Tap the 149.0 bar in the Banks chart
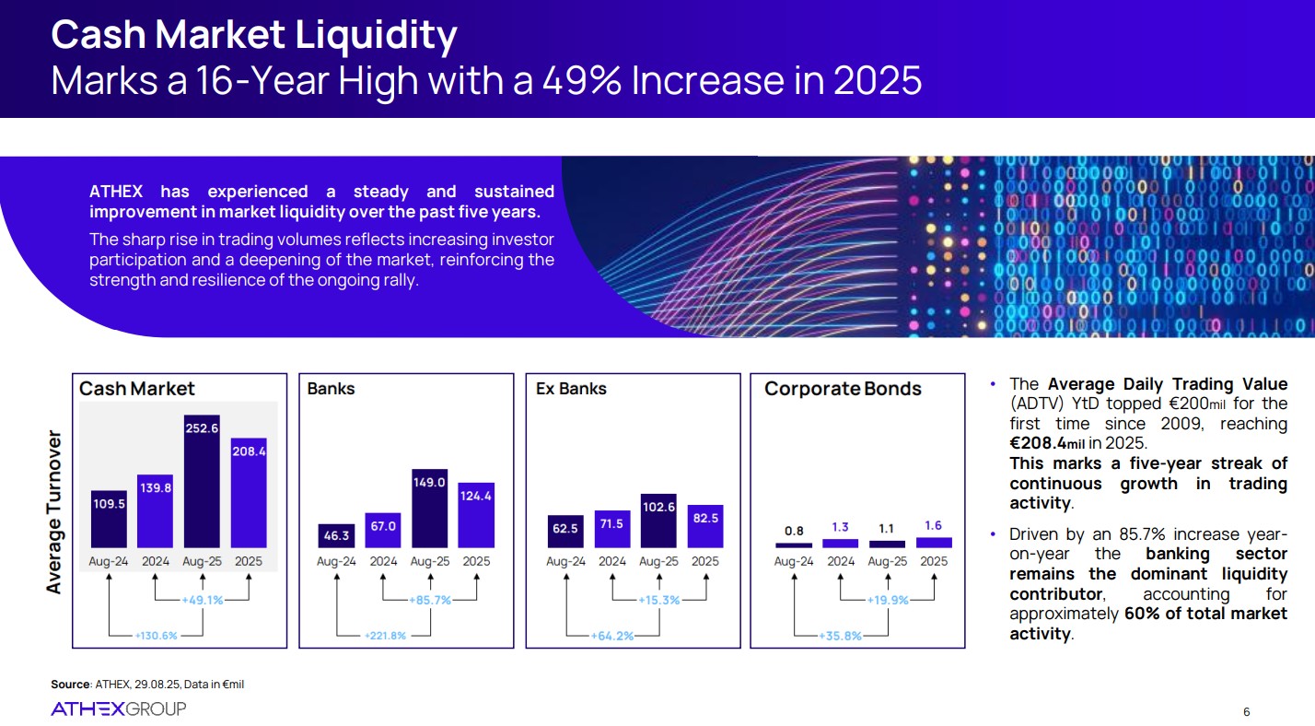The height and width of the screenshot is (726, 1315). tap(429, 508)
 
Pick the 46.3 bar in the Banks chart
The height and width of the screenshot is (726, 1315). tap(336, 534)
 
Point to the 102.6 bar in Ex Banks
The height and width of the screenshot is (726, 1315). tap(658, 521)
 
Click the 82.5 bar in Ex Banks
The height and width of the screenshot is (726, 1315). tap(704, 526)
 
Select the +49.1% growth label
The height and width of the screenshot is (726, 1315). tap(202, 600)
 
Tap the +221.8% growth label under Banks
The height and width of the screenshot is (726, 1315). tap(385, 635)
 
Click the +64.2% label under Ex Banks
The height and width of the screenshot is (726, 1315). tap(612, 635)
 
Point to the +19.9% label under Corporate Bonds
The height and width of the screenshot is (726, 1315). tap(887, 600)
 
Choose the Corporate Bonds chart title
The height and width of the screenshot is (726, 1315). tap(843, 389)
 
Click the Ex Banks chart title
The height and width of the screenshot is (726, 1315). tap(571, 389)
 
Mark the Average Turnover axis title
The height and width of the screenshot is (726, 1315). tap(55, 511)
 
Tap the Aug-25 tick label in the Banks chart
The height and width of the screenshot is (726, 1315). tap(429, 561)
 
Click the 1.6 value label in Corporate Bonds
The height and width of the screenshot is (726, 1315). tap(933, 526)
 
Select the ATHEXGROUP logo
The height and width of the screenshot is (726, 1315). tap(118, 708)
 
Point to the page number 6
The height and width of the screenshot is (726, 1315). tap(1246, 711)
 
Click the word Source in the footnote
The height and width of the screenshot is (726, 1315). tap(70, 684)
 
